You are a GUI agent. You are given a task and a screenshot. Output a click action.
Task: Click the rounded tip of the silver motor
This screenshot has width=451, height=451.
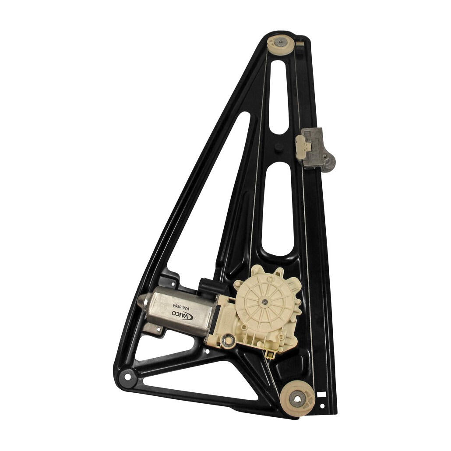[x=143, y=302]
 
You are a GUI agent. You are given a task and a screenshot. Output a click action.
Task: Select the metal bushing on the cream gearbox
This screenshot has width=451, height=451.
[x=227, y=340]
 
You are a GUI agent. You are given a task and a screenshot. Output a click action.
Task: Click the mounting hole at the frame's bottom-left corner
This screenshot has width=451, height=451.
[x=127, y=376]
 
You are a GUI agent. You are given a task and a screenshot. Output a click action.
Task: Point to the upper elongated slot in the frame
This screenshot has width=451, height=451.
[x=279, y=96]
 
